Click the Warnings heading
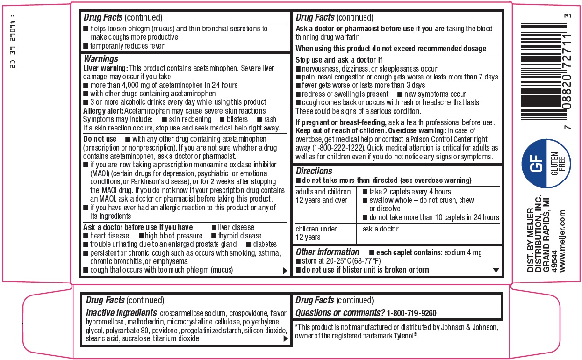pos(101,59)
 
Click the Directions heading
pos(314,171)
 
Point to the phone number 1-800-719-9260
pos(412,313)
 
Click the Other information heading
pos(327,252)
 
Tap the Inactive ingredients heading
pos(121,313)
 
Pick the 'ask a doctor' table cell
pos(381,229)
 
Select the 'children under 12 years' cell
pos(316,233)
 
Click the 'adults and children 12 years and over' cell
pos(323,196)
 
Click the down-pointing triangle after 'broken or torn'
pos(496,270)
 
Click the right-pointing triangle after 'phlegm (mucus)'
pos(284,271)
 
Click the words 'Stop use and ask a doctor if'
pos(339,60)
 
